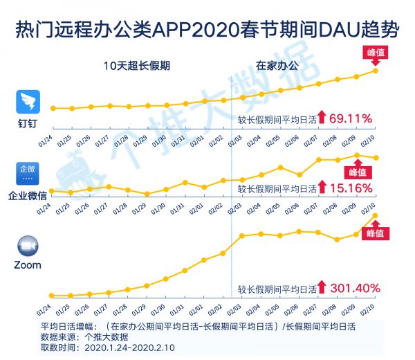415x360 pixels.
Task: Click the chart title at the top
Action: point(207,30)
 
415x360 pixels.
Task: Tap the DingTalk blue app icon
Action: point(28,102)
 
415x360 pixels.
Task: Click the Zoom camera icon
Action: point(28,246)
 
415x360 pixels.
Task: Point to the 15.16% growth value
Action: point(351,188)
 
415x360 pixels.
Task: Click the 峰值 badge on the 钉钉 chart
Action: point(375,53)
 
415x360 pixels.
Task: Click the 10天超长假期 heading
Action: point(136,66)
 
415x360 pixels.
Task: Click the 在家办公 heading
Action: point(277,66)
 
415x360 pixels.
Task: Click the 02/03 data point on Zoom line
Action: point(243,235)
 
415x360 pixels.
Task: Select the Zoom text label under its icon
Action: point(28,265)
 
